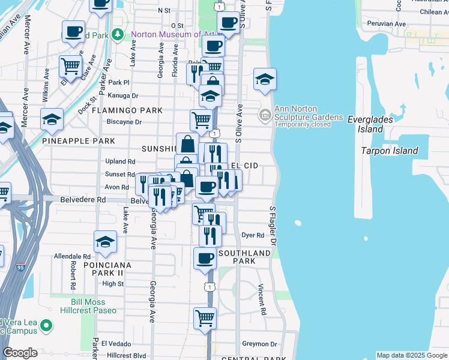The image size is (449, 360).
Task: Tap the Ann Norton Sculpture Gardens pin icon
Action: pyautogui.click(x=264, y=113)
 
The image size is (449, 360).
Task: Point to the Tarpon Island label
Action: pyautogui.click(x=389, y=151)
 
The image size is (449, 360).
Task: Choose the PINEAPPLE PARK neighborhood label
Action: pyautogui.click(x=79, y=141)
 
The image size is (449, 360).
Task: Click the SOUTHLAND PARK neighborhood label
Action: pyautogui.click(x=245, y=257)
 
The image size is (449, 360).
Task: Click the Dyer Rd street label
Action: pyautogui.click(x=253, y=235)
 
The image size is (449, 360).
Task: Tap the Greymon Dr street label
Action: pyautogui.click(x=259, y=344)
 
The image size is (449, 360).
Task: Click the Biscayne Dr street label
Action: pyautogui.click(x=124, y=122)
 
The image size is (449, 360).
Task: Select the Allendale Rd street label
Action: pyautogui.click(x=71, y=256)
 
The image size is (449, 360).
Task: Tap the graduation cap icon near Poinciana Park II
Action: pyautogui.click(x=105, y=241)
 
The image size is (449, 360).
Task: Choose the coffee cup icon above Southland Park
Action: pyautogui.click(x=205, y=259)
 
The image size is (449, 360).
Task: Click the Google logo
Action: pyautogui.click(x=20, y=353)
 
